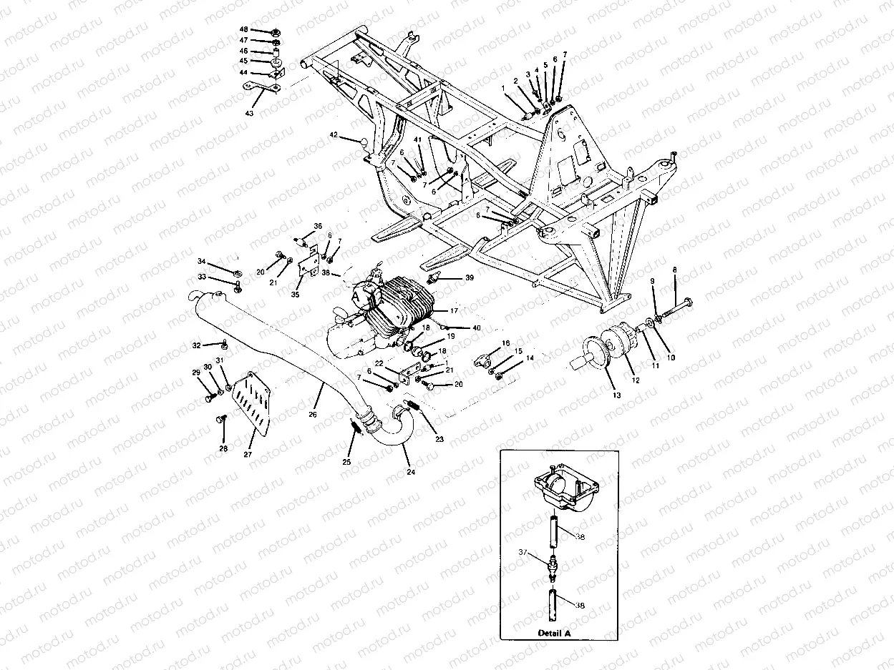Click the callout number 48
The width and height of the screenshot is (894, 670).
click(x=243, y=30)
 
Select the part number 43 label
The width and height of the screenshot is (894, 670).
click(x=249, y=114)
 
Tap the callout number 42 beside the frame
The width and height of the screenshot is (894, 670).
click(x=334, y=134)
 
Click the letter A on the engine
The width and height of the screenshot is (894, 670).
click(x=356, y=295)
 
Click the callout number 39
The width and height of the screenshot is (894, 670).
click(x=470, y=277)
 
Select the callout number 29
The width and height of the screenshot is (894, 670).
click(x=195, y=373)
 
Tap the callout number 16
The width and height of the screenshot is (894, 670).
click(x=505, y=344)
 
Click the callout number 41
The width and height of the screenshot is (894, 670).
click(x=417, y=139)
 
